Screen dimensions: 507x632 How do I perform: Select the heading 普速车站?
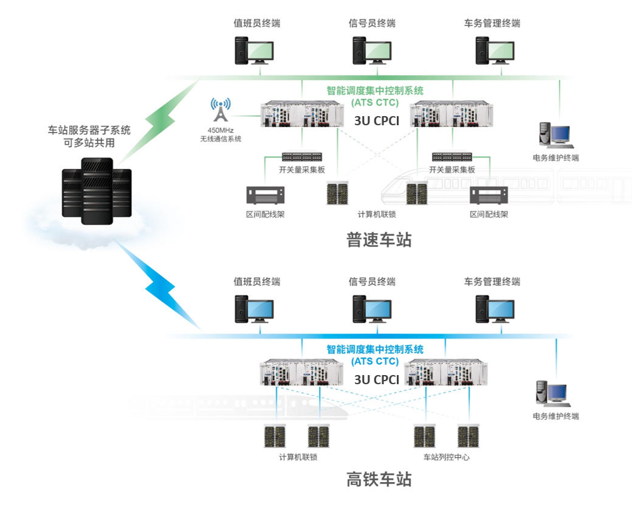click(379, 240)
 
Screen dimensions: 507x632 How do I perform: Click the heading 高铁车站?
click(379, 479)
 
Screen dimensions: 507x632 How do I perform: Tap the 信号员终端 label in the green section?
click(372, 24)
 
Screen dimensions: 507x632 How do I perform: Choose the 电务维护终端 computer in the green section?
click(554, 136)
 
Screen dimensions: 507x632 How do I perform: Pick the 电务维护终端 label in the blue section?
click(555, 416)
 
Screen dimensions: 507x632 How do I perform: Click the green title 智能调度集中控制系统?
click(375, 91)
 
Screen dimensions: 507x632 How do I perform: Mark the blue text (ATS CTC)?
click(375, 361)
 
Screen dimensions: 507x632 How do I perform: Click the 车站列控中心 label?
click(446, 457)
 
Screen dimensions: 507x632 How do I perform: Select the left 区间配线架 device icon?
click(266, 195)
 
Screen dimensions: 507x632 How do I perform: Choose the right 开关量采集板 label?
click(452, 170)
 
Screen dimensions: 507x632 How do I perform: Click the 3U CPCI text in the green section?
click(377, 121)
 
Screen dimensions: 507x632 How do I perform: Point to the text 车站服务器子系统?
click(89, 130)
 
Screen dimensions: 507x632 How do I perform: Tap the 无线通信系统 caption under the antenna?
click(221, 139)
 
